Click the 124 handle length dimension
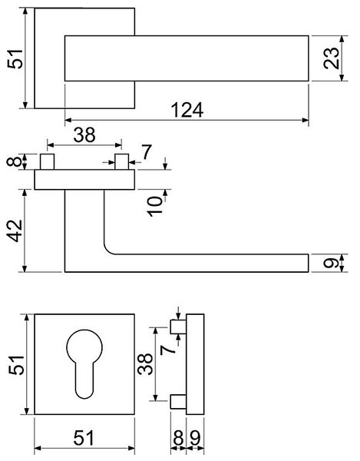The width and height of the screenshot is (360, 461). [187, 110]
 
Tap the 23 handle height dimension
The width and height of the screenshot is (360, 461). [331, 58]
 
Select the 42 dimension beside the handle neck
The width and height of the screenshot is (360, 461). [15, 230]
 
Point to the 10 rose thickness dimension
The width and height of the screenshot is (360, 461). [155, 207]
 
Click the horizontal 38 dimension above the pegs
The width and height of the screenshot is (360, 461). [84, 135]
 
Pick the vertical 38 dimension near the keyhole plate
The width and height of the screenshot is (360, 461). [145, 364]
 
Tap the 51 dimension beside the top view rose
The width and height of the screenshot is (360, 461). [15, 59]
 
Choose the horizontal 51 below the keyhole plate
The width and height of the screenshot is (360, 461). [84, 438]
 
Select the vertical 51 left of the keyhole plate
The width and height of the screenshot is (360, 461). [16, 365]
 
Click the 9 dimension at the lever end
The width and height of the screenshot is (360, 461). [331, 263]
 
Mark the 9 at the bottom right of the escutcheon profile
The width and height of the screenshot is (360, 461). [195, 438]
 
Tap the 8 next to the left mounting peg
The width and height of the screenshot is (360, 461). [14, 161]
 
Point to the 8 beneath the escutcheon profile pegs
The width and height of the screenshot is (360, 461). [179, 438]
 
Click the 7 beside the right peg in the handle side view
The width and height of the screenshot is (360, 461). [147, 151]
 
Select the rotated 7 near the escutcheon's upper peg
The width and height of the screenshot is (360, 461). [168, 350]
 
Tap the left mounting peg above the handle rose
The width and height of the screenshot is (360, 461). [48, 161]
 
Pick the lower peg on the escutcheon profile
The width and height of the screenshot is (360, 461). [178, 402]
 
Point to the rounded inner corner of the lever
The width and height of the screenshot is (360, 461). [107, 250]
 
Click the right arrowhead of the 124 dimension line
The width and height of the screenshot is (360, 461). [306, 120]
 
